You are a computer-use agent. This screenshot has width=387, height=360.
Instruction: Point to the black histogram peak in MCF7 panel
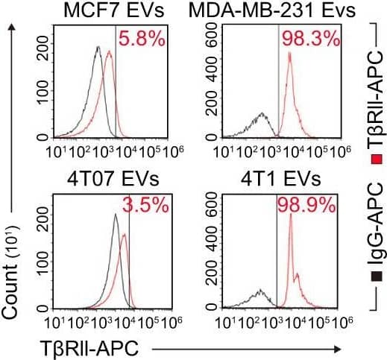98,48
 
